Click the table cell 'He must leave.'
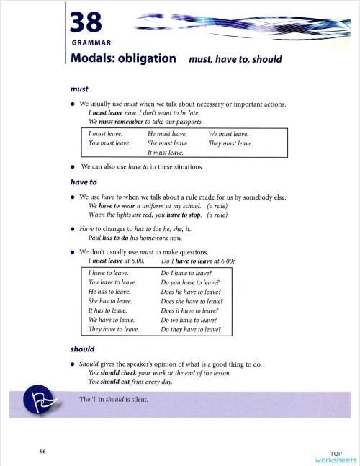click(167, 134)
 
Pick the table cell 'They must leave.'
click(230, 143)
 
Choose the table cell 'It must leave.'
click(166, 153)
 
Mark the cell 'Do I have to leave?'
click(186, 274)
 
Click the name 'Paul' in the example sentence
click(95, 237)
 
